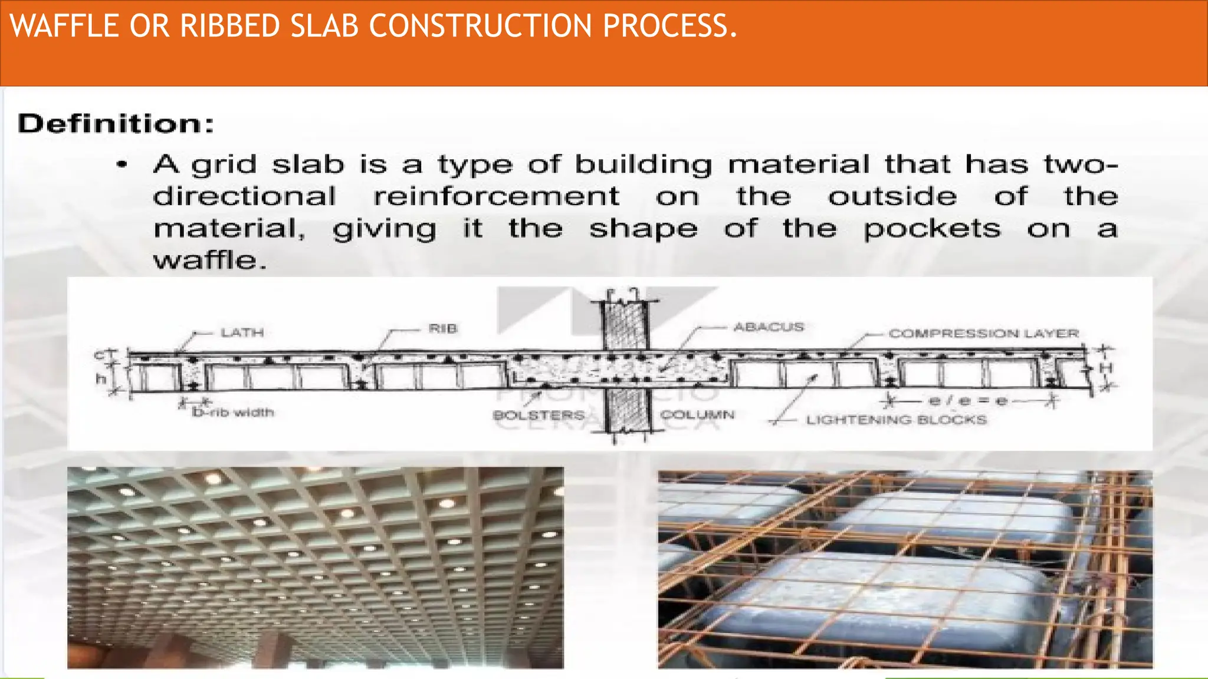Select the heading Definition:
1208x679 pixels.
(116, 124)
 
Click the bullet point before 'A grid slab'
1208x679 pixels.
(122, 165)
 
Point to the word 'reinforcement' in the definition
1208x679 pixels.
(496, 197)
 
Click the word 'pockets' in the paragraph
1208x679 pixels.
(932, 229)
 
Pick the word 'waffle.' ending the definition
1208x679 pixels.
(209, 261)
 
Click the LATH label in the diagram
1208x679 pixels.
(242, 333)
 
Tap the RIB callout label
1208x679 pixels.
(442, 329)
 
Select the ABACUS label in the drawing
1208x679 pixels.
(768, 327)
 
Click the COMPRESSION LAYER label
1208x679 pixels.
(983, 334)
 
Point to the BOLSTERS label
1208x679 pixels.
(538, 416)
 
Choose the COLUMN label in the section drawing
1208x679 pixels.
(697, 415)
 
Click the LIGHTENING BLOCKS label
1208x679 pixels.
(896, 420)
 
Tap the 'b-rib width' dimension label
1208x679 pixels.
(233, 412)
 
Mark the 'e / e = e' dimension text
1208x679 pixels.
(967, 401)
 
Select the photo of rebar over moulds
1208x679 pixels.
(905, 569)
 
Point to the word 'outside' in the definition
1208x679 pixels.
(892, 197)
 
